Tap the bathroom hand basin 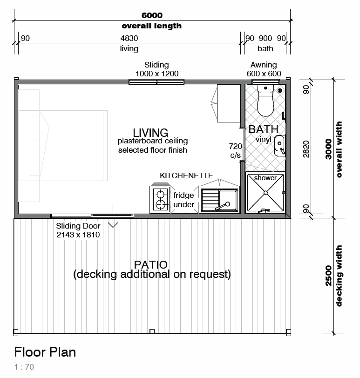coord(280,146)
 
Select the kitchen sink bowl coord(228,200)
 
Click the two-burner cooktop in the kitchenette coord(160,200)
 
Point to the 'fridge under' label coord(184,200)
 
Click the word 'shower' coord(265,178)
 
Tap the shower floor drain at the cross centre coord(265,193)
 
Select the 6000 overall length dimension coord(152,15)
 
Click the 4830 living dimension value coord(129,38)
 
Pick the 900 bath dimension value coord(265,38)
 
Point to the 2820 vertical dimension coord(306,149)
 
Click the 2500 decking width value coord(328,276)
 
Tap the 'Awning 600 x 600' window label coord(264,69)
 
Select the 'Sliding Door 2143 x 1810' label coord(78,230)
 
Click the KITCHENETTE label coord(186,175)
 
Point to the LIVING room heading coord(150,133)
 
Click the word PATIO coord(151,265)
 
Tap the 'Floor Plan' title coord(45,352)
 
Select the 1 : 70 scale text coord(24,367)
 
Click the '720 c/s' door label coord(235,151)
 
